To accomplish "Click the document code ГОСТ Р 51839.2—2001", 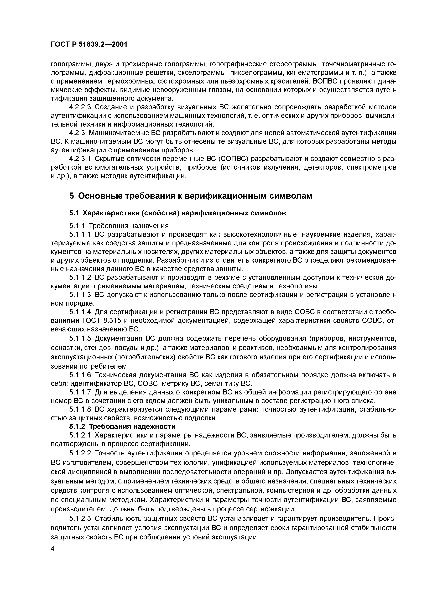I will (89, 44).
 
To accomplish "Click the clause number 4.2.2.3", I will (80, 107).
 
